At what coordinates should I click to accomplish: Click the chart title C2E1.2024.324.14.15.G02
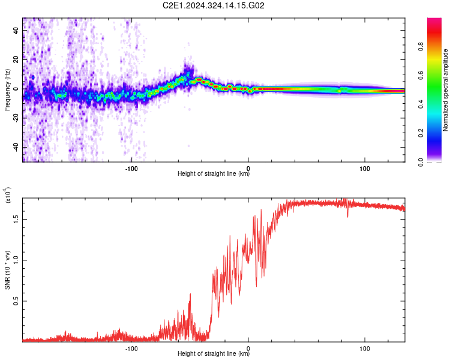click(213, 5)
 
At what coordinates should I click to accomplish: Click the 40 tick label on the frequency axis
click(16, 30)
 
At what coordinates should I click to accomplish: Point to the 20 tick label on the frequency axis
click(16, 59)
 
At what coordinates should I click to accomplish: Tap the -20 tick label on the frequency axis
click(16, 117)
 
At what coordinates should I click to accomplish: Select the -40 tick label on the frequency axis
click(16, 146)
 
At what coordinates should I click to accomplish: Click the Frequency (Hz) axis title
click(7, 90)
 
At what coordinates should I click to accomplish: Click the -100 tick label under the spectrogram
click(131, 169)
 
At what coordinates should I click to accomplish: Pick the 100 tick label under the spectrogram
click(364, 169)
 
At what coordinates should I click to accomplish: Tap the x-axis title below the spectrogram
click(214, 173)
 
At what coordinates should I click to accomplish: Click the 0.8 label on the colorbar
click(421, 46)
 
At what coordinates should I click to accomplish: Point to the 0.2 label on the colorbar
click(421, 133)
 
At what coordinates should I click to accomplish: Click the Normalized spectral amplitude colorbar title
click(445, 90)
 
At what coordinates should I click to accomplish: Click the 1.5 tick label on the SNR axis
click(16, 220)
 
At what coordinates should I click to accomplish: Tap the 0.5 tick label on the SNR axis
click(16, 301)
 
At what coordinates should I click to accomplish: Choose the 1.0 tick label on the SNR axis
click(16, 260)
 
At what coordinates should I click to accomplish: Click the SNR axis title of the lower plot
click(7, 270)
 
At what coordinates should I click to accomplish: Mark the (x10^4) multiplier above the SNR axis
click(7, 195)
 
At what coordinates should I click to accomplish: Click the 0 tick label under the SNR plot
click(248, 349)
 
